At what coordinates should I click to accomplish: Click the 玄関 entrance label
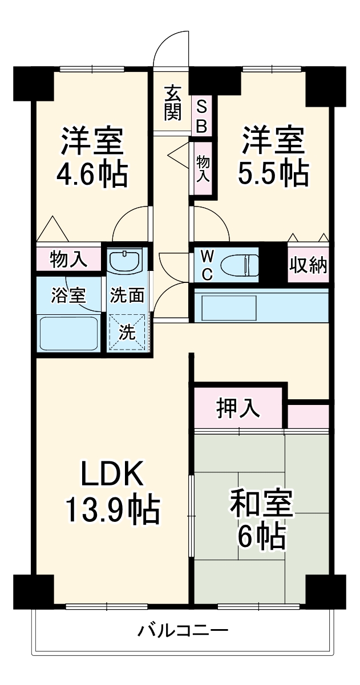tap(173, 103)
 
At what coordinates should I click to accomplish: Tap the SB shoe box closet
tap(201, 115)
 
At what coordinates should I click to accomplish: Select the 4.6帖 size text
tap(92, 175)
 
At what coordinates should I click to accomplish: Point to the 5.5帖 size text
tap(273, 174)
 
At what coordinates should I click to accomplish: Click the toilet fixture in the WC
tap(240, 265)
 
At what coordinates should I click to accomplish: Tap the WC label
tap(207, 265)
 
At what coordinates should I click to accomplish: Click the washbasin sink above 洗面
tap(125, 261)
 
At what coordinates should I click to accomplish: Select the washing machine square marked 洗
tap(127, 332)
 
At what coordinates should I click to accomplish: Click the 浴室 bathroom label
tap(68, 295)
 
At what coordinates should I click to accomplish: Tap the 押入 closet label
tap(238, 408)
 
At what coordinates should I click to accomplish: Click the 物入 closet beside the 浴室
tap(69, 260)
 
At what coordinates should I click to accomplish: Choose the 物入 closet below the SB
tap(203, 169)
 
